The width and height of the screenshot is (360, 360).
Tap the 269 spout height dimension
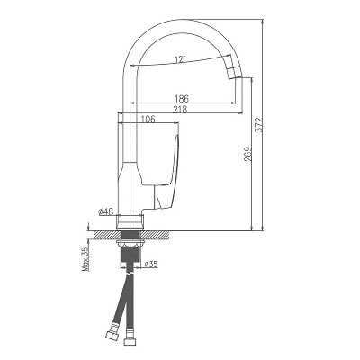point(247,154)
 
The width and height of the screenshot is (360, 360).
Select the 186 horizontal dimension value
point(182,98)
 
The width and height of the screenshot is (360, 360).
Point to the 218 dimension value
point(181,109)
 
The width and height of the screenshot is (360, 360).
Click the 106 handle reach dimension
point(148,119)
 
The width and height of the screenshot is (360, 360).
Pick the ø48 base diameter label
point(105,211)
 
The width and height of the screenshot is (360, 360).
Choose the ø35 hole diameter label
point(151,264)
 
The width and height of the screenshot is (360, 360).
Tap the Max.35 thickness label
point(86,259)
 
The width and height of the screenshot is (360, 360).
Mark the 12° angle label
point(180,59)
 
